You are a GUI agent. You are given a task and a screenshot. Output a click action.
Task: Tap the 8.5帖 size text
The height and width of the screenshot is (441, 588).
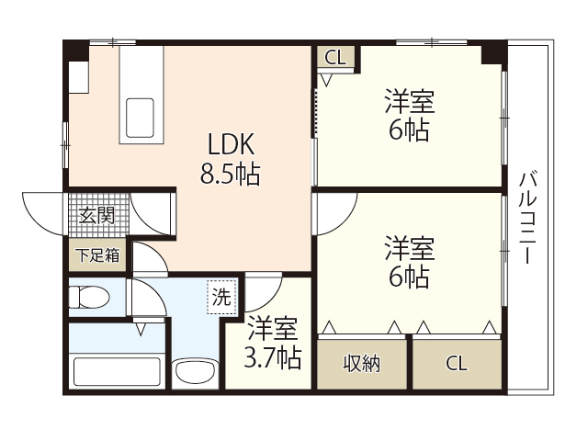230,173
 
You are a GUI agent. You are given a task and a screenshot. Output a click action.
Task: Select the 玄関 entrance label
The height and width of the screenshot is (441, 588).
96,217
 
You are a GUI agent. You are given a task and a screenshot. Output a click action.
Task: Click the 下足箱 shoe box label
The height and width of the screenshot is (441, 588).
96,255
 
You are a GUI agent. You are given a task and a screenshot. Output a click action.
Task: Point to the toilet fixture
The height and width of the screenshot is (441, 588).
89,297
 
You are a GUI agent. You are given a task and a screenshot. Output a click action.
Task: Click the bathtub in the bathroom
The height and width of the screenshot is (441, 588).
116,372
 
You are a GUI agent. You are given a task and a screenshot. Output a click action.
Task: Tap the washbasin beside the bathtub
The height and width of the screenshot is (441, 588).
193,372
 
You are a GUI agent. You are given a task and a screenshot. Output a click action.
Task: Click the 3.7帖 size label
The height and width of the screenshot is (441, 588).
273,356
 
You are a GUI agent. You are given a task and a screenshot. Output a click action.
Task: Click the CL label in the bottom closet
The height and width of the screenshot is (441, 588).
456,363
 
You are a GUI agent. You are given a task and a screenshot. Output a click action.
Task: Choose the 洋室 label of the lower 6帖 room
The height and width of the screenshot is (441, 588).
409,248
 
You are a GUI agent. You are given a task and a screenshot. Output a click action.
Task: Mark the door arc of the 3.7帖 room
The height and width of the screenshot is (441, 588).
262,292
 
